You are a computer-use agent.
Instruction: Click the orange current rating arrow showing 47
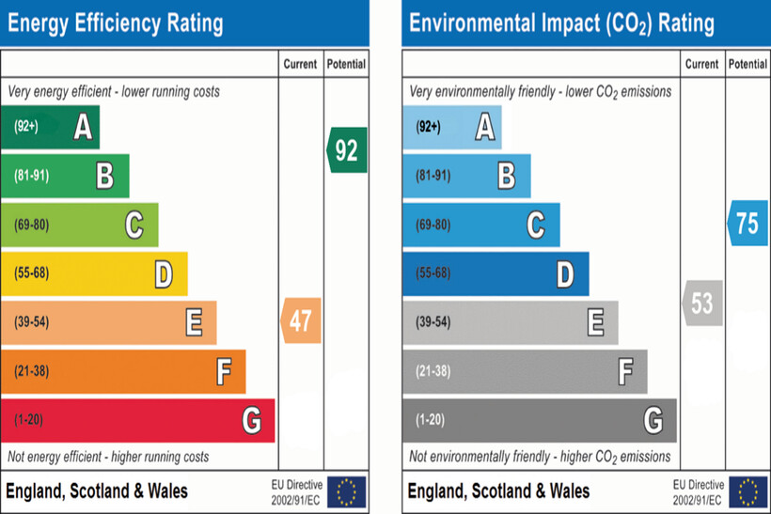click(302, 320)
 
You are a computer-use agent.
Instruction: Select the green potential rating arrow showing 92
click(347, 149)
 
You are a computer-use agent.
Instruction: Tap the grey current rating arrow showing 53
click(703, 303)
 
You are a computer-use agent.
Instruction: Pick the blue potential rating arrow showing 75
click(747, 223)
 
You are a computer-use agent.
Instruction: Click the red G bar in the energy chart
click(137, 420)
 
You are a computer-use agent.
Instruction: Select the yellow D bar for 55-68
click(94, 273)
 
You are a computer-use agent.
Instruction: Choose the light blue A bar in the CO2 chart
click(452, 127)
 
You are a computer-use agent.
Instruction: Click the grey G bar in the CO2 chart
click(540, 420)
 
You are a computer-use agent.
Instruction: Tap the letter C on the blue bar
click(536, 225)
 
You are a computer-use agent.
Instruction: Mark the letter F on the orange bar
click(224, 371)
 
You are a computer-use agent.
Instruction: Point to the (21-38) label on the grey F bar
click(433, 371)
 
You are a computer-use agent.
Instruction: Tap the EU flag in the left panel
click(347, 491)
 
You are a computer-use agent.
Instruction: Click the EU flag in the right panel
click(748, 491)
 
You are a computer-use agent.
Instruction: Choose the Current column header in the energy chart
click(301, 64)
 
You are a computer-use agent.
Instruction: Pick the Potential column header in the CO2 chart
click(747, 64)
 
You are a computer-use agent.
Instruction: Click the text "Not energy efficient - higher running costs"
click(108, 457)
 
